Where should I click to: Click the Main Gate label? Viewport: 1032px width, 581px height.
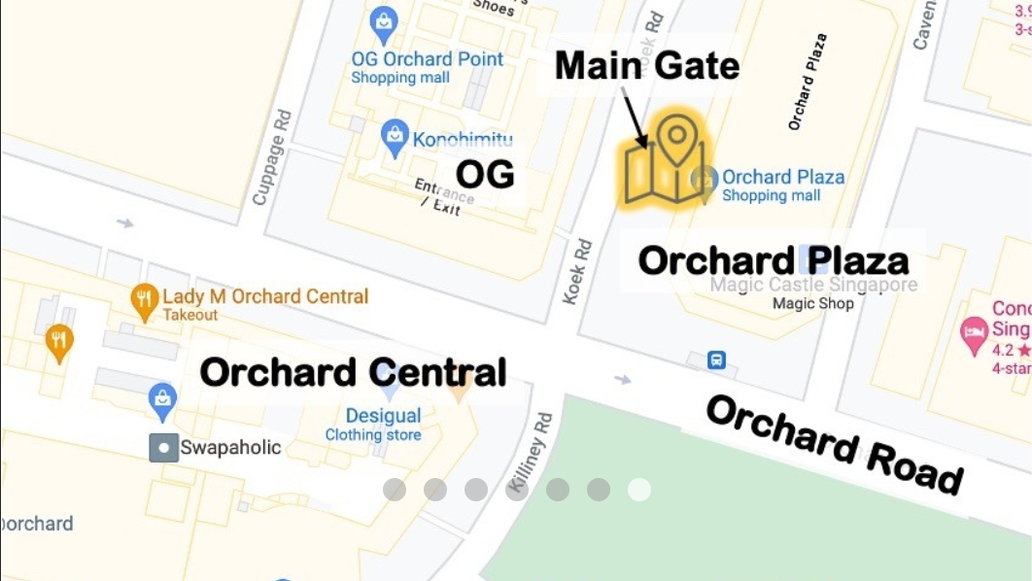click(x=647, y=66)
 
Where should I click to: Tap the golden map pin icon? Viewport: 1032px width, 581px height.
click(x=666, y=160)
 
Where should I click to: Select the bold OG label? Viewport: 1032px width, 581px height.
click(x=485, y=175)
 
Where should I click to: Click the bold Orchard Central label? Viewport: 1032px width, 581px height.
click(x=354, y=372)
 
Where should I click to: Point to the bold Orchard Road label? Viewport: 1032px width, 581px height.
click(x=835, y=445)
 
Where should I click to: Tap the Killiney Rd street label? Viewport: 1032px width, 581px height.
click(x=530, y=451)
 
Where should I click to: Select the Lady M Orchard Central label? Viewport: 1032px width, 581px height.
click(x=265, y=296)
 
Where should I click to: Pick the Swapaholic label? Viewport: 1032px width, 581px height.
click(x=230, y=448)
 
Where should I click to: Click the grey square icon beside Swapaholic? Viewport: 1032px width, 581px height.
click(x=162, y=448)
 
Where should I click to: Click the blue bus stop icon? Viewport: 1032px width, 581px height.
click(x=716, y=359)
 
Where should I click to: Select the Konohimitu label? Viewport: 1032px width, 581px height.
click(x=462, y=140)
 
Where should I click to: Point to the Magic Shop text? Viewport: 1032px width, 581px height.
click(x=812, y=303)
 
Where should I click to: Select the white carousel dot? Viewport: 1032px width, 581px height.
click(x=638, y=490)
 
